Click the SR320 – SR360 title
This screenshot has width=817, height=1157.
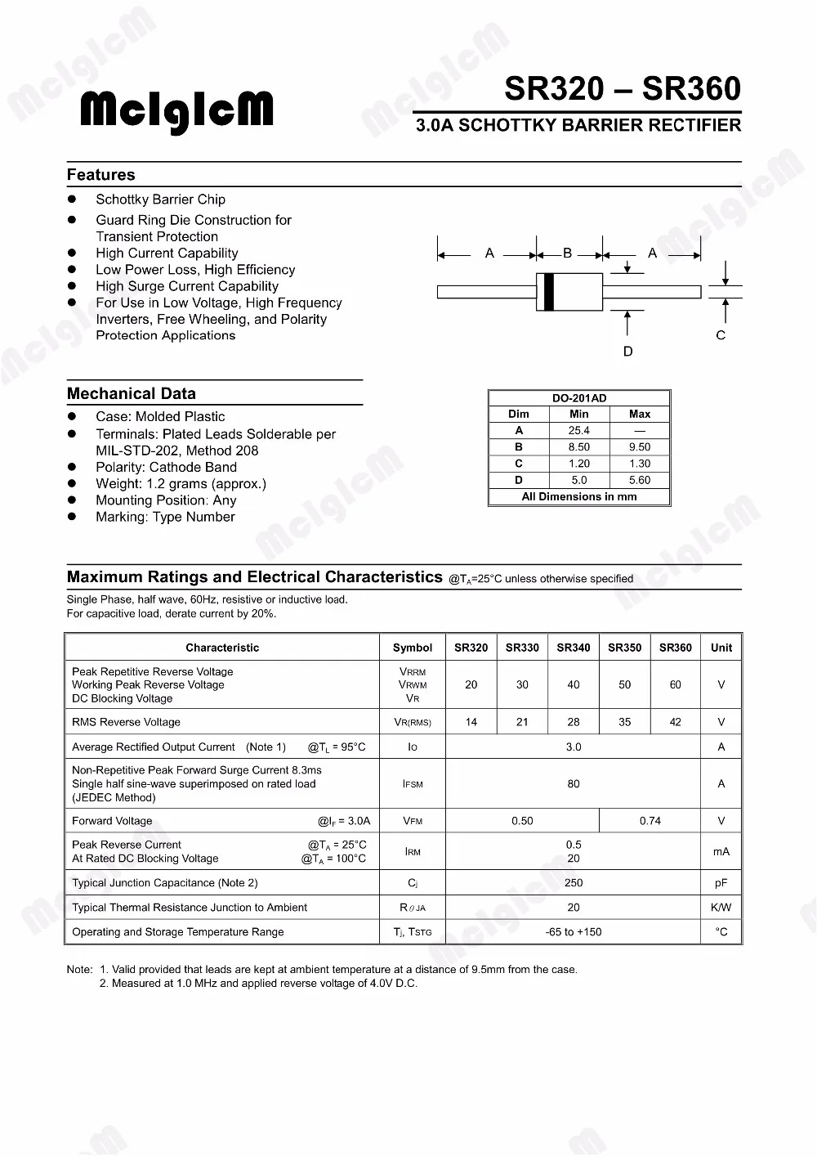pos(623,88)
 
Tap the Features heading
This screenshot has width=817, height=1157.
pos(101,174)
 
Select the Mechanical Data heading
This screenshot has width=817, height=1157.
pos(132,393)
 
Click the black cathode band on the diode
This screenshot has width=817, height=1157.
pos(549,292)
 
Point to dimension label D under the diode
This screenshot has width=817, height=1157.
pos(627,352)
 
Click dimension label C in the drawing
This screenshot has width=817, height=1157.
pos(721,335)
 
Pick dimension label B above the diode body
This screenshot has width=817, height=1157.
pos(568,253)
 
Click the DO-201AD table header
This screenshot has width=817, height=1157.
pos(579,398)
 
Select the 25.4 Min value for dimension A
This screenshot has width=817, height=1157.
pos(579,430)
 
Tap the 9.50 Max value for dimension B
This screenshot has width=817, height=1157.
pos(640,447)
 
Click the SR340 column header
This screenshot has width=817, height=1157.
pos(574,648)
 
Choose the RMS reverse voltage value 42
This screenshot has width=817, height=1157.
pos(675,722)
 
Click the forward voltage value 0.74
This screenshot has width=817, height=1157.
pos(650,821)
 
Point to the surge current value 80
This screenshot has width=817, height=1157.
pos(574,784)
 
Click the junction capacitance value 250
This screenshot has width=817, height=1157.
pos(574,883)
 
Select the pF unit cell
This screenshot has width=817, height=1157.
pos(721,883)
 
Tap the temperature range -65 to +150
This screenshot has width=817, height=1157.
pos(574,932)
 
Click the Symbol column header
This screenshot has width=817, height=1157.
pos(413,648)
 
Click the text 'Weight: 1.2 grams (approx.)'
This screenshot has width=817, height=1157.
pos(181,484)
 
